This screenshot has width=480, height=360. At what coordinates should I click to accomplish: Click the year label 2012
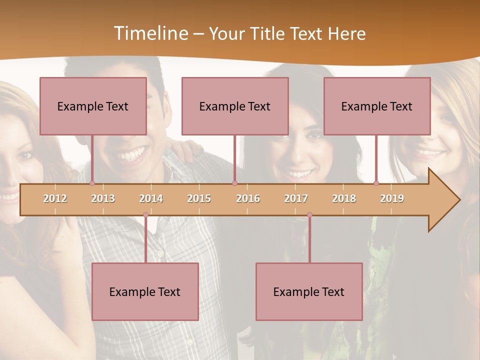[55, 198]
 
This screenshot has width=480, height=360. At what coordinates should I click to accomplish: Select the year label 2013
[103, 198]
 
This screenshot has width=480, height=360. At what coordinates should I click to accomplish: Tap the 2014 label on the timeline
[151, 198]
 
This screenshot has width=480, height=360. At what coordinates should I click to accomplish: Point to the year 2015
[199, 198]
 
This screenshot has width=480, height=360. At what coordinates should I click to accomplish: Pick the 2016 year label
[248, 198]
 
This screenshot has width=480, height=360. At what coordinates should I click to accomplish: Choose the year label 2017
[296, 198]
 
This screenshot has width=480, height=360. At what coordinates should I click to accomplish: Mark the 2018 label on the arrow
[344, 198]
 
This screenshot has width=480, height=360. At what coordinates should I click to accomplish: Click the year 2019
[392, 198]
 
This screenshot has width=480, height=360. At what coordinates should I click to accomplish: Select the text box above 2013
[93, 106]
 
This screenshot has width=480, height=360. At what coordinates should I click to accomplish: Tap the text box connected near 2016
[235, 106]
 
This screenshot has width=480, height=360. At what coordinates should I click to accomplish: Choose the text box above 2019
[377, 106]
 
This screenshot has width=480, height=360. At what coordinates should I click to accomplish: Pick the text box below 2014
[145, 291]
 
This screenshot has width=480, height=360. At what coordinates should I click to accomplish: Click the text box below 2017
[309, 291]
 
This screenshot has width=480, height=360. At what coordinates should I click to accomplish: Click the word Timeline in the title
[150, 33]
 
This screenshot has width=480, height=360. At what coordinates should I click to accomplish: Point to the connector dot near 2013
[92, 183]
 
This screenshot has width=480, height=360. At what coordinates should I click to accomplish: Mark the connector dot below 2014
[145, 215]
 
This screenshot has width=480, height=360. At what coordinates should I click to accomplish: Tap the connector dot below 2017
[309, 215]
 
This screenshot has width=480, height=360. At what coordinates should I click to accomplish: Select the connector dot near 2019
[376, 183]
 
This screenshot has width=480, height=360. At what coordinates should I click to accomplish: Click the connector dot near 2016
[234, 183]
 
